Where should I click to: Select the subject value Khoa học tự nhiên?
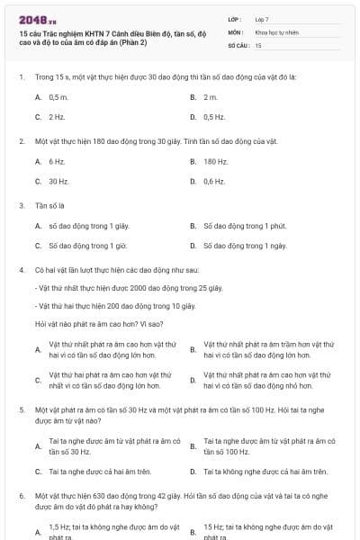click(x=277, y=31)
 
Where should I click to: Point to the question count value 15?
click(x=258, y=44)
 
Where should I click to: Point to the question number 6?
click(x=21, y=496)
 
